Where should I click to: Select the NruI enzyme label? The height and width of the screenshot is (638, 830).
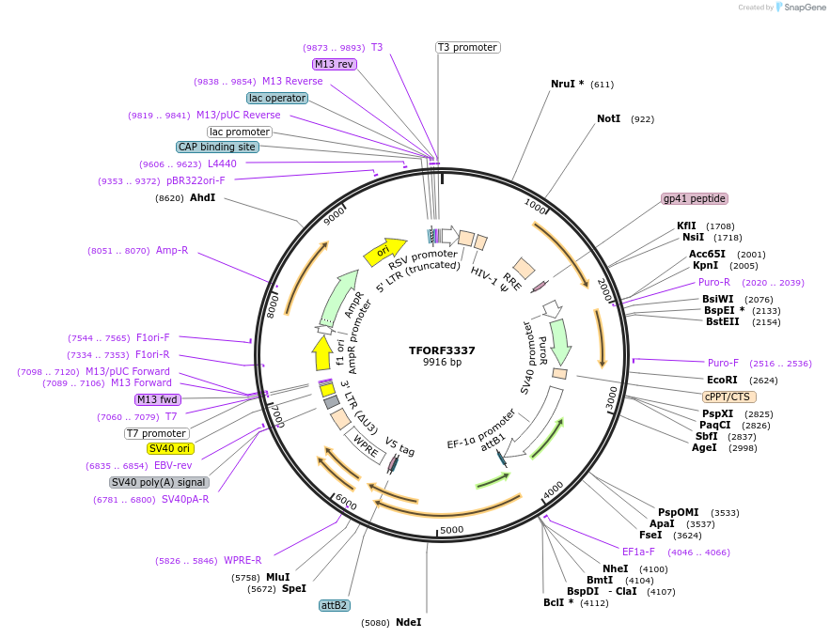[567, 84]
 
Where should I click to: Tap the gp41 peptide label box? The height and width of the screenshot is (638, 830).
[695, 198]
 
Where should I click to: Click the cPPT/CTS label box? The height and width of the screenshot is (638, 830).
[728, 397]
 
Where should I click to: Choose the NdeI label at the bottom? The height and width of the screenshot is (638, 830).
[408, 622]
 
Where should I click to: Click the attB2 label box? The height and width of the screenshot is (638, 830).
[335, 605]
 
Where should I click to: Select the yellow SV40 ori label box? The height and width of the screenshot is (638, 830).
[170, 448]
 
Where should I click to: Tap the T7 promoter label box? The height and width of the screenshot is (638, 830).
[156, 433]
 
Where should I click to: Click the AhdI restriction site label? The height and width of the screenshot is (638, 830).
[202, 198]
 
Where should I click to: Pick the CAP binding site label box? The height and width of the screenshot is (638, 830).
[217, 147]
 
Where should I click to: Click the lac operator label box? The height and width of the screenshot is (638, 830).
[277, 98]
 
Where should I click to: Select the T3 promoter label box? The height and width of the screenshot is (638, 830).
[467, 47]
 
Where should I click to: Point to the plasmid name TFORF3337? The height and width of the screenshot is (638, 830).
[442, 350]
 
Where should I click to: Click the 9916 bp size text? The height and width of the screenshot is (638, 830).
[442, 362]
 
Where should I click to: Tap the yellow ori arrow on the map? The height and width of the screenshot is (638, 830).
[384, 251]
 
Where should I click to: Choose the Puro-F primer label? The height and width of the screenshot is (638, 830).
[723, 363]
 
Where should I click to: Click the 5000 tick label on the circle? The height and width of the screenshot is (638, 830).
[452, 530]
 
